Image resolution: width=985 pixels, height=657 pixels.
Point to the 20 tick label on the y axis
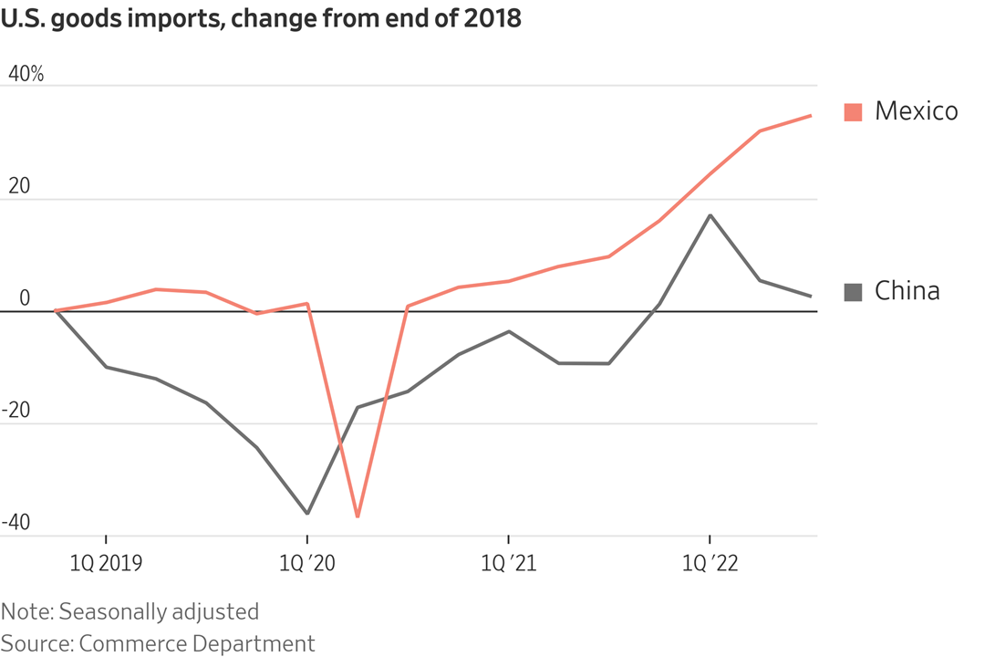tap(18, 186)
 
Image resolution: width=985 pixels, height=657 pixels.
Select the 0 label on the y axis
tap(25, 298)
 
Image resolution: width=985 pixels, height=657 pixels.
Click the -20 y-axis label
tap(18, 411)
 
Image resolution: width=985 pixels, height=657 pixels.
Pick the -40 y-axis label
tap(18, 523)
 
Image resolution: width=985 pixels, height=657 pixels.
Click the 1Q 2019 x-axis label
tap(107, 565)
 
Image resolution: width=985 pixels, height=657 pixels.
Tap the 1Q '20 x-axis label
tap(307, 565)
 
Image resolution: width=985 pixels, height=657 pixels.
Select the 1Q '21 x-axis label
tap(508, 565)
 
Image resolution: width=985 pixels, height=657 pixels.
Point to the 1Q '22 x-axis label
tap(710, 565)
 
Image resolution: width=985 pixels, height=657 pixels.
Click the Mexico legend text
tap(916, 111)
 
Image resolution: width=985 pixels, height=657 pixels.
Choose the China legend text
tap(907, 291)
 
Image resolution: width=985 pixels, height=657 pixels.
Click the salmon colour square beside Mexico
tap(853, 112)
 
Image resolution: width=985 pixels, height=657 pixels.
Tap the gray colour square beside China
tap(853, 292)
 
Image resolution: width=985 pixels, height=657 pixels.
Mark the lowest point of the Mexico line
tap(358, 516)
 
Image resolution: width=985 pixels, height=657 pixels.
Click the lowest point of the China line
tap(307, 513)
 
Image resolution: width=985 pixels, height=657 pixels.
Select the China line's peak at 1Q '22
tap(710, 215)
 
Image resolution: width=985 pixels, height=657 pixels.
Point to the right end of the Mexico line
tap(811, 116)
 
